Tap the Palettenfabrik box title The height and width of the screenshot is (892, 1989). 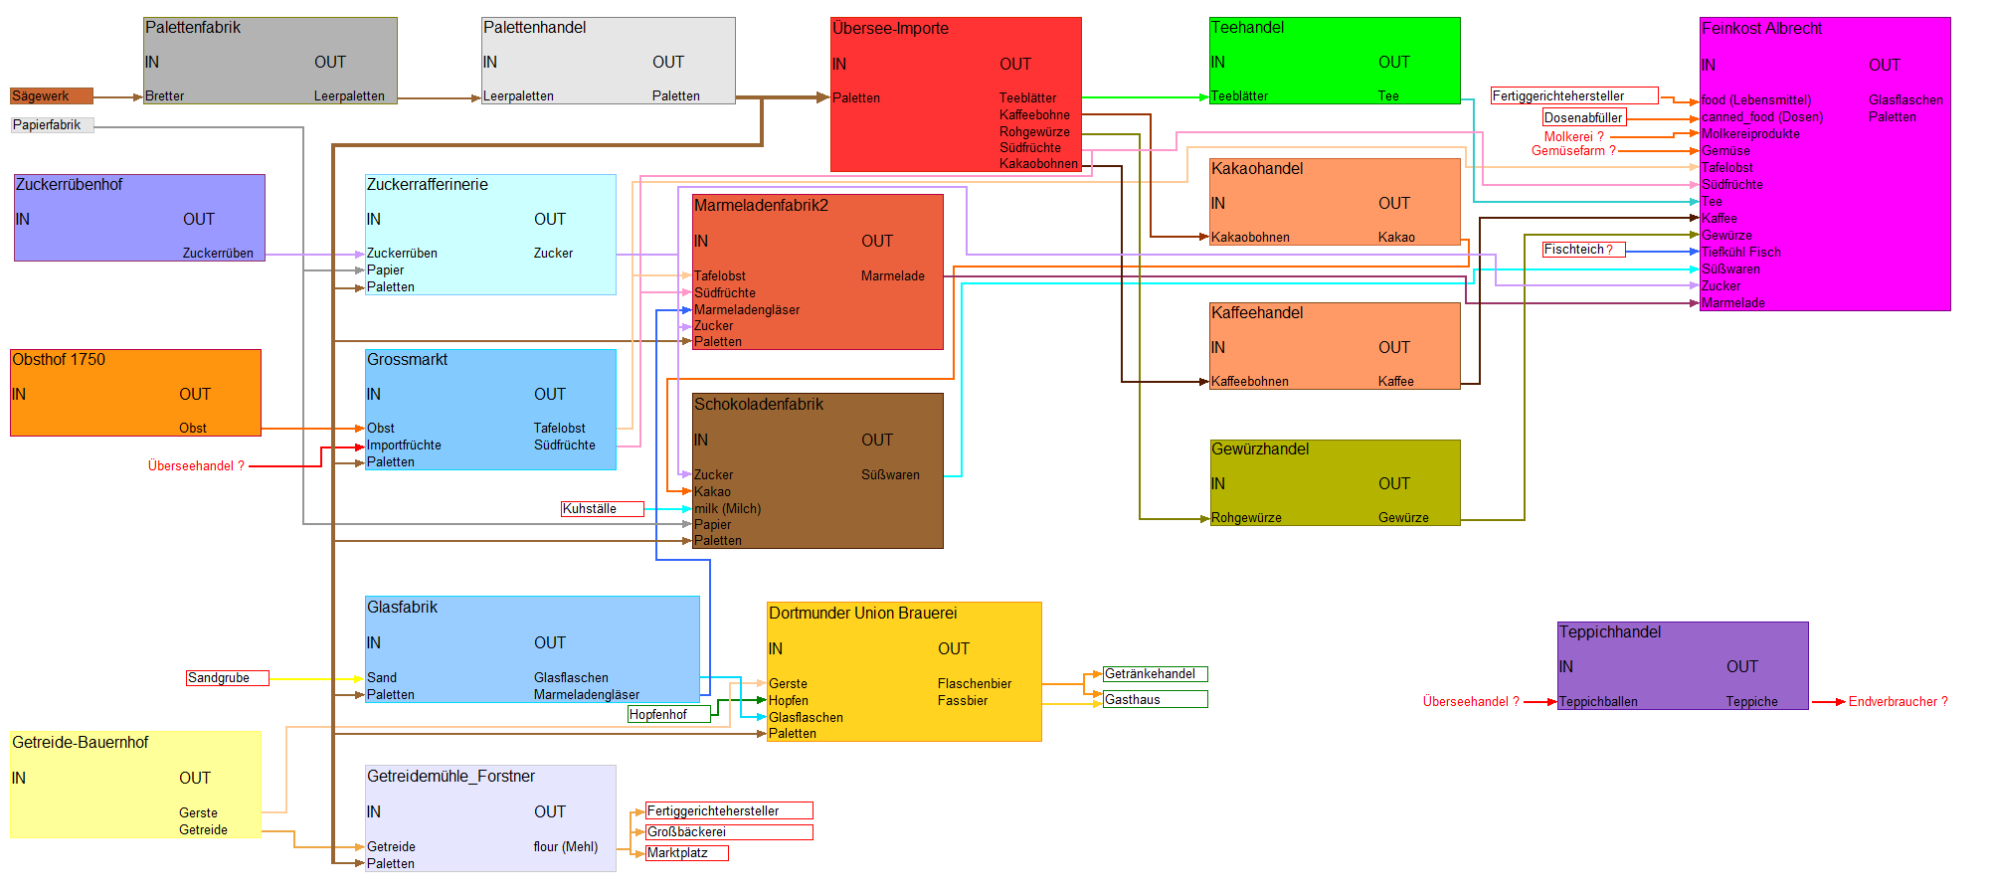(193, 28)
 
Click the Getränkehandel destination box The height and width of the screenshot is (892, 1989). (1155, 674)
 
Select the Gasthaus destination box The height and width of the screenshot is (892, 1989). (1155, 700)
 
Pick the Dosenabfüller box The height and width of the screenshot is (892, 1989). (1583, 118)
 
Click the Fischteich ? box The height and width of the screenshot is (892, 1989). (1582, 250)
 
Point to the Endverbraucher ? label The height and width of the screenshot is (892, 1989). (1898, 702)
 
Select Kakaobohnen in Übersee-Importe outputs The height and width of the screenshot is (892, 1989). (1038, 164)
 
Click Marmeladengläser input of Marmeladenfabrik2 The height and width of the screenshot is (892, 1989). (747, 310)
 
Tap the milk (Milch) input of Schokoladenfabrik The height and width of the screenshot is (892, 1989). (727, 509)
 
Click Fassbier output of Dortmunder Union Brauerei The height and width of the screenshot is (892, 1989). (963, 701)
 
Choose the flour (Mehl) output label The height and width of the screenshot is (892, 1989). (566, 847)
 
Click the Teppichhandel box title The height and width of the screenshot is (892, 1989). (1610, 632)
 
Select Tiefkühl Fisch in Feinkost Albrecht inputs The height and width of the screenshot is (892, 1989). (1740, 253)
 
